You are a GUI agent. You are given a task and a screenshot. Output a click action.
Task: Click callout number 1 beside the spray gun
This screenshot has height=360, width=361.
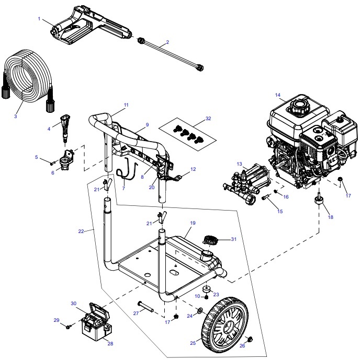[x=39, y=19]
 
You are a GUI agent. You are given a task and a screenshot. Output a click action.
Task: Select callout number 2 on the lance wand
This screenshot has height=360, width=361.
[x=167, y=42]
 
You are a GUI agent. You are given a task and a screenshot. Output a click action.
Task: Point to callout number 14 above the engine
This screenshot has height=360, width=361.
[x=278, y=95]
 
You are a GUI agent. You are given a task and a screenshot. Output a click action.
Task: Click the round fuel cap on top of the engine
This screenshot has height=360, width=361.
[x=299, y=108]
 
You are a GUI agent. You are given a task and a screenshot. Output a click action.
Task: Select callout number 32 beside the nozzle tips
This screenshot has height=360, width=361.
[x=208, y=119]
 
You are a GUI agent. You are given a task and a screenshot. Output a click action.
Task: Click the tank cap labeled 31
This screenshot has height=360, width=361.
[x=210, y=241]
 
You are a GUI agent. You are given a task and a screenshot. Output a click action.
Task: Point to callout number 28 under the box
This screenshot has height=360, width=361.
[x=110, y=343]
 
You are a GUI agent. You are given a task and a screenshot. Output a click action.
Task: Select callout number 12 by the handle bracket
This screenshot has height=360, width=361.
[x=193, y=169]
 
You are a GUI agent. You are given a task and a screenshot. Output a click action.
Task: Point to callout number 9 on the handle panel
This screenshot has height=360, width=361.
[x=148, y=125]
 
